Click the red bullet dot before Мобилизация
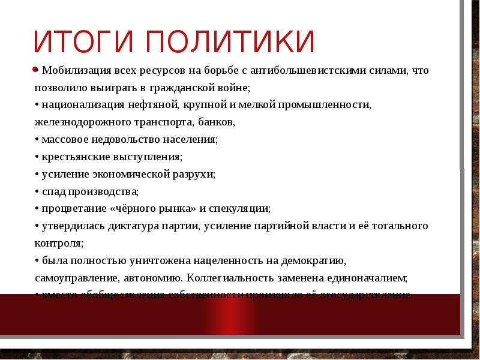[36, 69]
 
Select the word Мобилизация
[74, 71]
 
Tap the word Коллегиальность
[224, 278]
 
